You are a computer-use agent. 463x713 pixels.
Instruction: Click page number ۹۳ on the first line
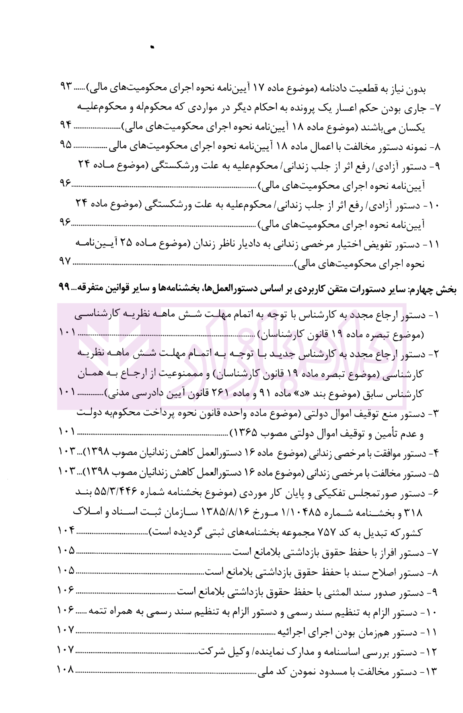point(65,88)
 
